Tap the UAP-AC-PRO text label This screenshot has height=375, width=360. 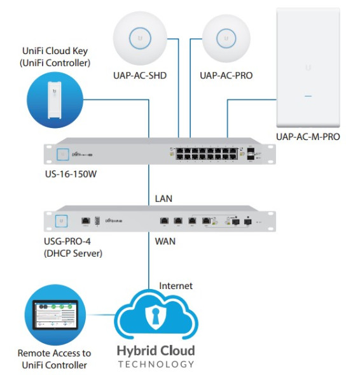tap(226, 76)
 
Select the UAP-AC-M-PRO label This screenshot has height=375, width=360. tap(308, 136)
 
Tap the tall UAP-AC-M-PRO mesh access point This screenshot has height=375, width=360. tap(308, 66)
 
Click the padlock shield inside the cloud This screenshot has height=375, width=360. tap(155, 318)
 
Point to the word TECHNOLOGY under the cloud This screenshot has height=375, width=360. tap(155, 364)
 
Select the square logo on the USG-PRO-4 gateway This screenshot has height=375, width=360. tap(62, 221)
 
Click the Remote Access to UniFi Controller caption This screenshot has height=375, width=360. tap(54, 358)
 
